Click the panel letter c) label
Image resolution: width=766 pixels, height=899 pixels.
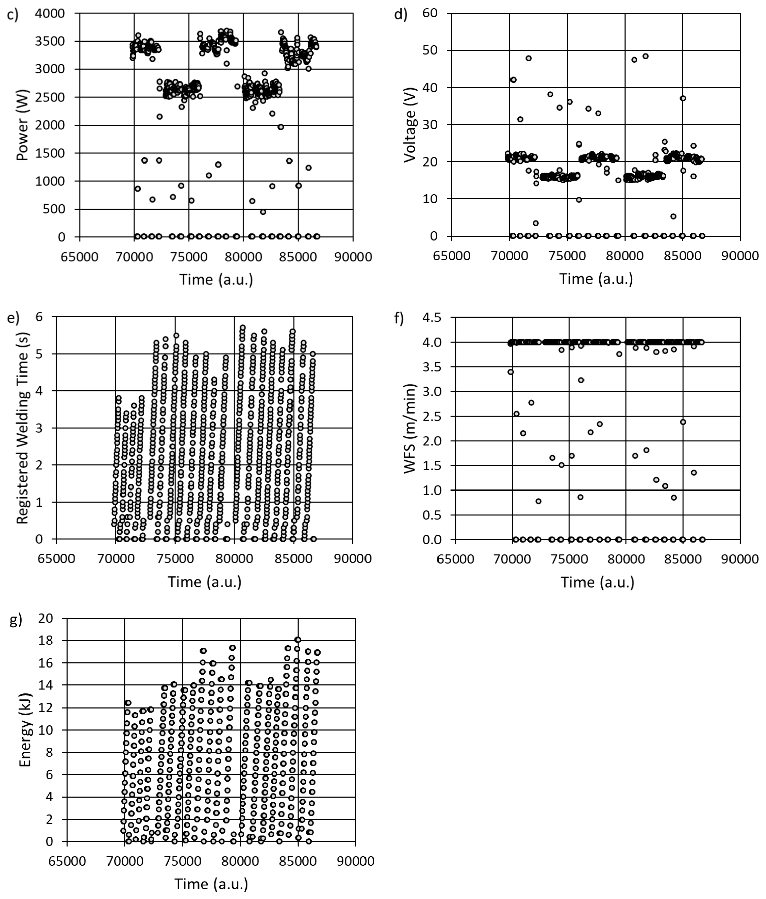click(x=13, y=15)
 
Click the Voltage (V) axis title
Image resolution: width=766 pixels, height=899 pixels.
click(x=410, y=125)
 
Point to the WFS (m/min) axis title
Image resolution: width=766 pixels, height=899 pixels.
click(x=410, y=429)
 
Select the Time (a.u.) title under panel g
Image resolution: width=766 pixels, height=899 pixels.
click(x=211, y=884)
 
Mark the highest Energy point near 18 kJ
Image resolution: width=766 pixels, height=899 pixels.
click(x=298, y=640)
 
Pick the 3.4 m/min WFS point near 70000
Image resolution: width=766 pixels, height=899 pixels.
click(x=511, y=372)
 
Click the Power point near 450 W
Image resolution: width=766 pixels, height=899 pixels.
click(x=263, y=212)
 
